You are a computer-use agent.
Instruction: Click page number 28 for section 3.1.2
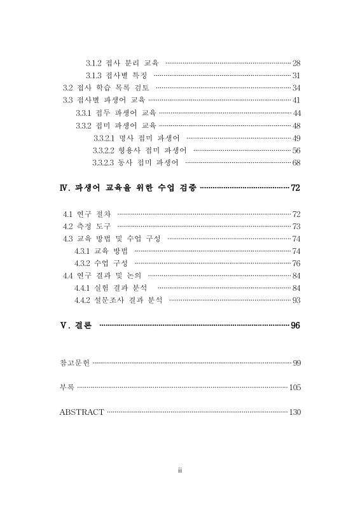[296, 63]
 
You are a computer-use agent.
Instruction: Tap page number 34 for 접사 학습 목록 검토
[296, 88]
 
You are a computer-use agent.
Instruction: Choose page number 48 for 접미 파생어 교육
[296, 125]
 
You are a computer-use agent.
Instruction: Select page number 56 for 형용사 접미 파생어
[296, 150]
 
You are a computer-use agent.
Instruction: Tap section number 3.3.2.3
[103, 162]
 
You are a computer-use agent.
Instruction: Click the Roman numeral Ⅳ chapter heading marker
[63, 188]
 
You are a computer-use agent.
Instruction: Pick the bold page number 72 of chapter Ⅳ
[295, 188]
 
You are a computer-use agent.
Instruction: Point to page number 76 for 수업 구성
[296, 263]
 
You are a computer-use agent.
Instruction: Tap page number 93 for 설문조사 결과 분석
[296, 300]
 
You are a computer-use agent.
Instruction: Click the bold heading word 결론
[81, 325]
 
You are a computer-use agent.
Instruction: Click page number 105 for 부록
[294, 387]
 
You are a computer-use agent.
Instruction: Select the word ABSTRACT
[81, 412]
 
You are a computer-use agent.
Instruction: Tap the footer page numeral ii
[180, 471]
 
